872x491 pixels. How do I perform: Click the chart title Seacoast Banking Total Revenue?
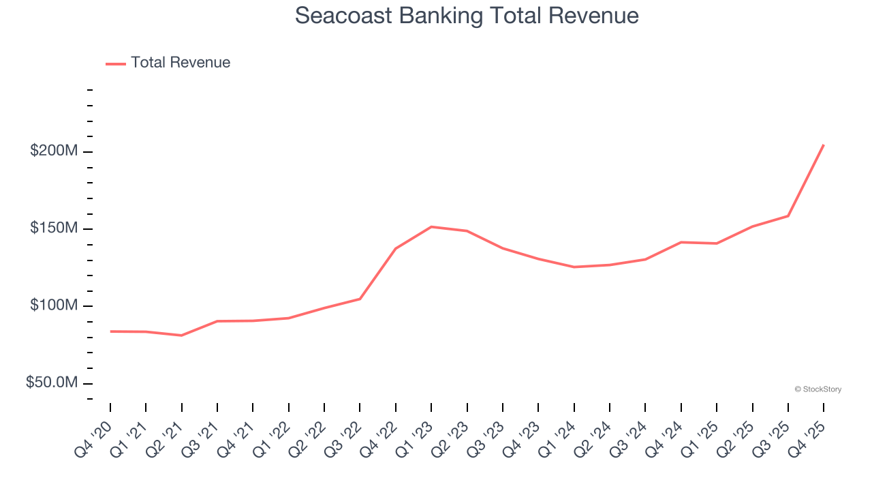tap(467, 16)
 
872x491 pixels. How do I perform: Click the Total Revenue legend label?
tap(181, 63)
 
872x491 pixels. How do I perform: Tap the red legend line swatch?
tap(116, 63)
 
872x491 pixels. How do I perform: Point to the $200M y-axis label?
tap(54, 151)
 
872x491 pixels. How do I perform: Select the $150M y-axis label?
tap(54, 228)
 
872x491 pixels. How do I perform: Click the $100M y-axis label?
tap(54, 306)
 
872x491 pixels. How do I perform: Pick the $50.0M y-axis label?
tap(52, 383)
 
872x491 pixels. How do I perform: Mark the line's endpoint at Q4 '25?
tap(824, 145)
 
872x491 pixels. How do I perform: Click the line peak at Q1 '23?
tap(431, 226)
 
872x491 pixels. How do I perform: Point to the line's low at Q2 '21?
tap(181, 336)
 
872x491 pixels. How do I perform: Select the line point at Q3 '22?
tap(360, 299)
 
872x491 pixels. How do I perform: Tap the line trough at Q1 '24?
tap(574, 267)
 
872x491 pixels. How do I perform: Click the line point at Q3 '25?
tap(788, 216)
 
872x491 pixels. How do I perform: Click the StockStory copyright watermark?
tap(817, 389)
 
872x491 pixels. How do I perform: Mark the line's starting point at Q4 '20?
tap(110, 331)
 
